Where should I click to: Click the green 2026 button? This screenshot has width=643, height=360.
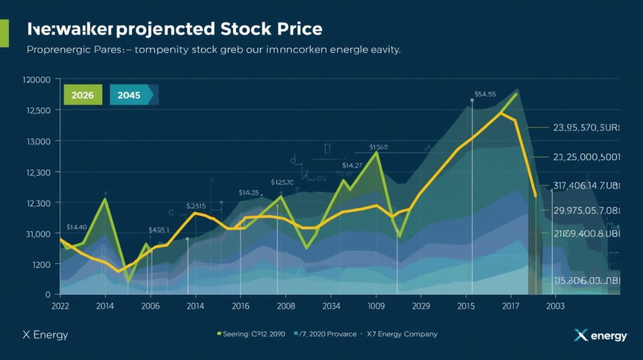click(x=83, y=94)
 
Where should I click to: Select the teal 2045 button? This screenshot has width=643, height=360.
click(x=130, y=94)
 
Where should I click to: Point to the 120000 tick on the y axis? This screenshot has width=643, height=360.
click(x=35, y=80)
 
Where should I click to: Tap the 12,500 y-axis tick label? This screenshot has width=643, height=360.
click(x=36, y=111)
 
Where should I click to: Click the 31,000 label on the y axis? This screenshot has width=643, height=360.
click(x=36, y=234)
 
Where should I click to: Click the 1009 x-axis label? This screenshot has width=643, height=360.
click(x=376, y=306)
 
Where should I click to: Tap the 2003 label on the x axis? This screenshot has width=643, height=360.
click(x=555, y=306)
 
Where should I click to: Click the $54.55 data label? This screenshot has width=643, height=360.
click(x=485, y=94)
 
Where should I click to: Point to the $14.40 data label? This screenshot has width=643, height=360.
click(x=76, y=227)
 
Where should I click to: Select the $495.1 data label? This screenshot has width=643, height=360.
click(x=158, y=230)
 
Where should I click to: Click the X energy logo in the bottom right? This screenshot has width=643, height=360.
click(x=601, y=335)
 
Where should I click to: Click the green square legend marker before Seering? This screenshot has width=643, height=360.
click(x=219, y=334)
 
